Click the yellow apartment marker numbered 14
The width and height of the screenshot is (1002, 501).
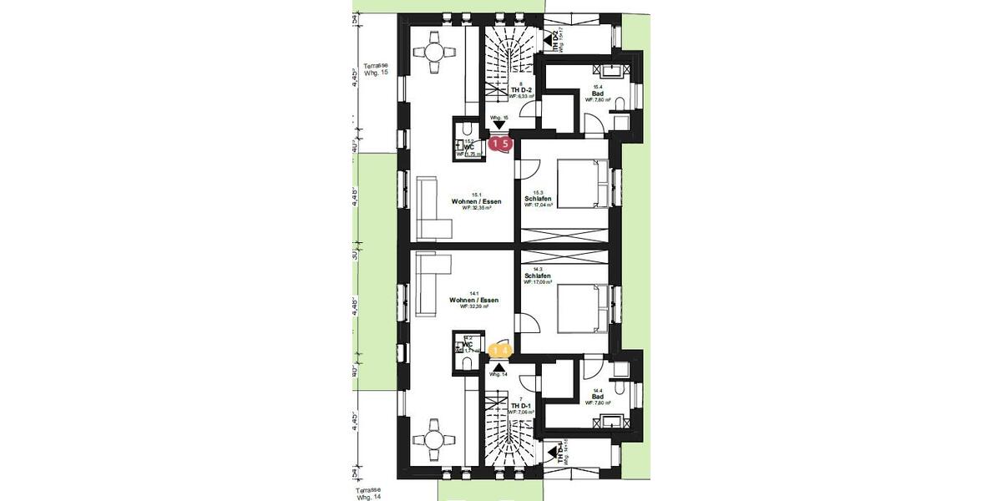(x=500, y=351)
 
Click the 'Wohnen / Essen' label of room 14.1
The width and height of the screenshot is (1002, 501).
(x=473, y=300)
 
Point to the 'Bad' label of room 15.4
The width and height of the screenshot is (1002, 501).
(x=598, y=93)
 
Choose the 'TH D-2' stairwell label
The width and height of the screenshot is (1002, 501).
(x=522, y=89)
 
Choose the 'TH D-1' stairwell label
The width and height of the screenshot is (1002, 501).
(x=521, y=405)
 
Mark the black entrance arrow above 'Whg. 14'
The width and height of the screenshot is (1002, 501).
(x=499, y=367)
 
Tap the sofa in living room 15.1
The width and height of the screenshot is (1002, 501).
(x=432, y=208)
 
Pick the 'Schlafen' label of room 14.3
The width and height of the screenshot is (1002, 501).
(x=537, y=276)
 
